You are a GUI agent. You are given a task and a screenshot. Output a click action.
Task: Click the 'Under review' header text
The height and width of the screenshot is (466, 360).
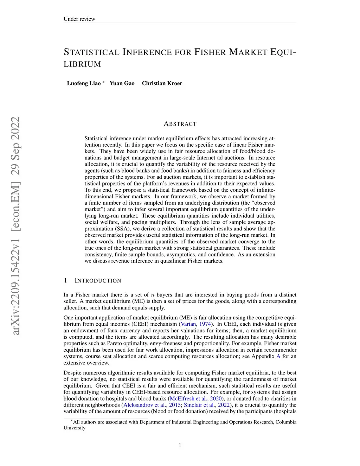pos(79,19)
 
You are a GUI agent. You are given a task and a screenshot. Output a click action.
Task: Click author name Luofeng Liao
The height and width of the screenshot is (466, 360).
pos(84,83)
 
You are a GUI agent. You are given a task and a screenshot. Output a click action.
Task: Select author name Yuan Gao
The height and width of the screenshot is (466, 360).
pos(122,83)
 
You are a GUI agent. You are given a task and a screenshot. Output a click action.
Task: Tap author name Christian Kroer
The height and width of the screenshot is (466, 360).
pos(162,83)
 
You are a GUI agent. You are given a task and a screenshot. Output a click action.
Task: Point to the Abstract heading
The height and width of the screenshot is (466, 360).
pos(180,124)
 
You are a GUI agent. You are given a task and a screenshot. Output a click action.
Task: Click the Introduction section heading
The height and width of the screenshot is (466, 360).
pos(98,281)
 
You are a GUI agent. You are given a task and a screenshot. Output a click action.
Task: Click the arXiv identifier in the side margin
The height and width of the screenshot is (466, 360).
pos(15,225)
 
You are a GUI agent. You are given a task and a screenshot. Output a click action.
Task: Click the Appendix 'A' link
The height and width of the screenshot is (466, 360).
pos(278,356)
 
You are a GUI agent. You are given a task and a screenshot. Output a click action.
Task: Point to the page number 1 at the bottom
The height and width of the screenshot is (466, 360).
pos(180,445)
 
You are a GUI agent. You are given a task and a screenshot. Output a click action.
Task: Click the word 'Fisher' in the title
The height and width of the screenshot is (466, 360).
pos(210,52)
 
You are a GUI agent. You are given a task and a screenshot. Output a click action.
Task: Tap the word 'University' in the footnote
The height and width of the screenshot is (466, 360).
pos(75,428)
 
